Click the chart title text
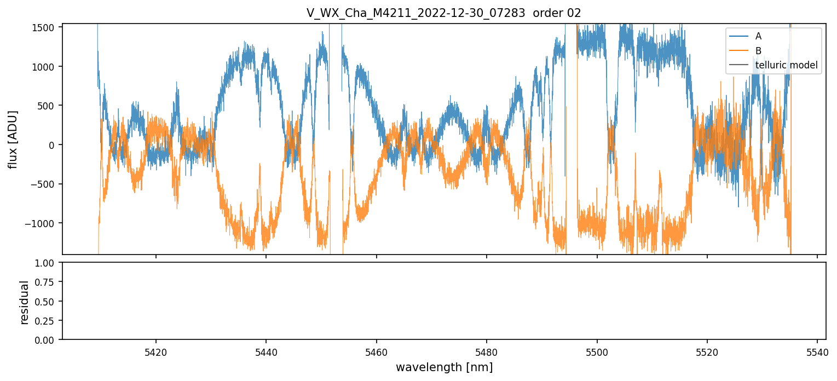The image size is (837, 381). [x=443, y=13]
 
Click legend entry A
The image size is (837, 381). [x=758, y=36]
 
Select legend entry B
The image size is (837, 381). [x=758, y=50]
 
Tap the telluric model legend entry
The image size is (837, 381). [x=786, y=65]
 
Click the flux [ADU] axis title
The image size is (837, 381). [x=13, y=139]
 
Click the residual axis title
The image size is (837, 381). [x=25, y=302]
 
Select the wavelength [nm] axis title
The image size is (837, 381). [x=444, y=367]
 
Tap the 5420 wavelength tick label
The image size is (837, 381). [x=156, y=351]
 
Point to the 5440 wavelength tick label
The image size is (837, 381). [x=266, y=351]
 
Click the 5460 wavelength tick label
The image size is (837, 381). [x=377, y=351]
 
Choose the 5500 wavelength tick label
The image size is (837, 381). [x=597, y=351]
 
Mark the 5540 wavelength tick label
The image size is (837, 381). [x=817, y=351]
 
